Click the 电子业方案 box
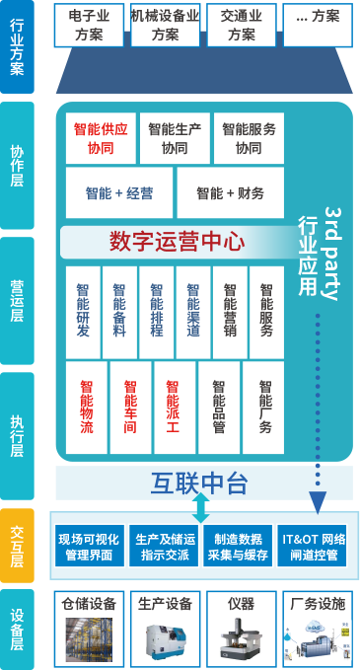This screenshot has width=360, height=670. pos(89,26)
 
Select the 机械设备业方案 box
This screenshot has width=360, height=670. pos(166,26)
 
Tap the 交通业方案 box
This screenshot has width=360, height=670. pos(242,26)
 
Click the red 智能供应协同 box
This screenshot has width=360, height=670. pos(101,138)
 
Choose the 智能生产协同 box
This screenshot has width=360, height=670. pos(175,138)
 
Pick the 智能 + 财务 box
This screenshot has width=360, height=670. pos(230,192)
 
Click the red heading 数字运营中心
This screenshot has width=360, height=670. pos(178,243)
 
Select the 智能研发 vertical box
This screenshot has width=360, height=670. pos(83,313)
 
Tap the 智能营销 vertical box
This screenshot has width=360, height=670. pos(230,313)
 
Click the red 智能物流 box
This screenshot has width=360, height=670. pos(87,408)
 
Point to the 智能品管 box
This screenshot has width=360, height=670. pos(219,408)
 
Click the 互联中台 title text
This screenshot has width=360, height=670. pos(199,483)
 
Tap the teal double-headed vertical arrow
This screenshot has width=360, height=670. pos(200,508)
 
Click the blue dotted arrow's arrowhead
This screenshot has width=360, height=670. pos(318,502)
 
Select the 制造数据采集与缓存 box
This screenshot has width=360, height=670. pos(238,546)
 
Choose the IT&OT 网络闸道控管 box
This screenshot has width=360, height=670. pos(314,546)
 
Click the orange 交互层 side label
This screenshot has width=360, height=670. pos(17,546)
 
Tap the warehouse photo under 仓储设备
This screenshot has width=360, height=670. pos(89,639)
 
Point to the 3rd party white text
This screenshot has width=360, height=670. pos(331,254)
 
